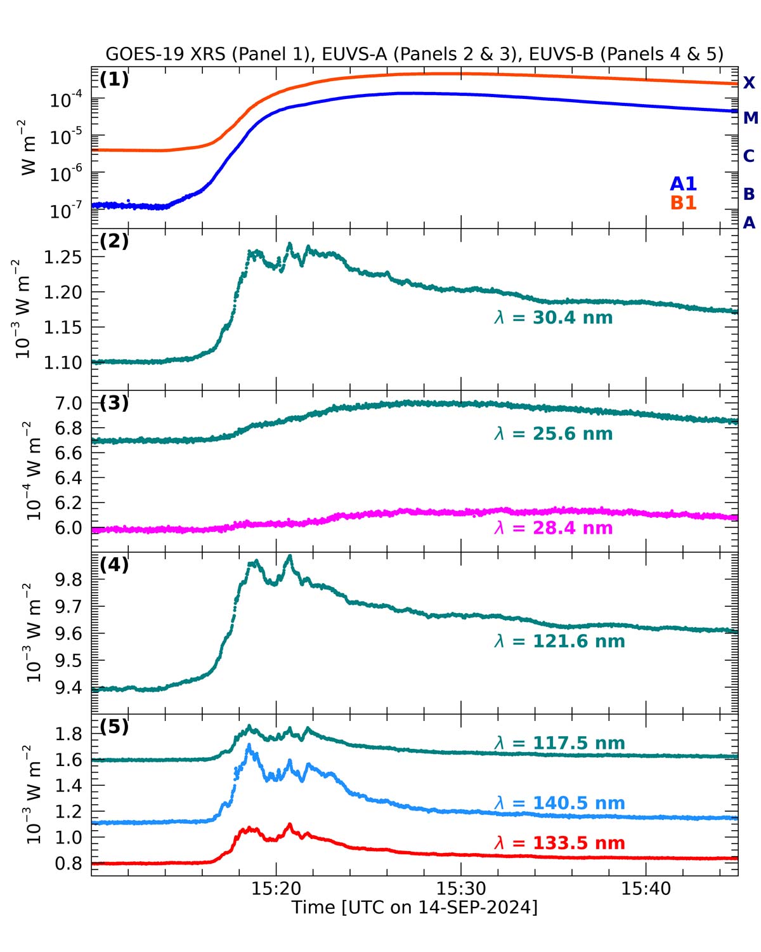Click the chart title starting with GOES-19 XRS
[x=414, y=54]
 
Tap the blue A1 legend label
[x=683, y=184]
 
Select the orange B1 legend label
[x=683, y=203]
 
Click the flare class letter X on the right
[x=749, y=83]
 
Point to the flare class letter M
[x=750, y=118]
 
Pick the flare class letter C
[x=749, y=156]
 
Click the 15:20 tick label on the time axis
[x=276, y=889]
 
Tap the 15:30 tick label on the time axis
[x=461, y=889]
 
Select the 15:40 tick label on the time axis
[x=646, y=889]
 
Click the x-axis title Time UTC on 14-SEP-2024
[x=414, y=908]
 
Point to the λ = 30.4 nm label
[x=554, y=317]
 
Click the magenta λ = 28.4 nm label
[x=554, y=528]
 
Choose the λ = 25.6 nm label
[x=554, y=434]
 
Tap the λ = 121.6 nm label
[x=559, y=642]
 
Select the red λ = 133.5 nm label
[x=559, y=843]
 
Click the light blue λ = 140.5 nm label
[x=559, y=803]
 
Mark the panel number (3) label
[x=114, y=403]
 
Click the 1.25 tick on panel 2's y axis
[x=64, y=258]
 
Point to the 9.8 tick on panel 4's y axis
[x=70, y=579]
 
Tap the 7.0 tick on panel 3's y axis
[x=70, y=404]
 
